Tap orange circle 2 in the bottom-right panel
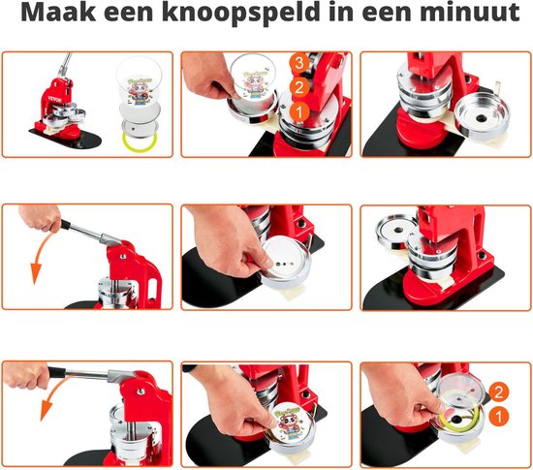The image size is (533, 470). click(497, 392)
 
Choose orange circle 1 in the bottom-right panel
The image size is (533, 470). click(497, 417)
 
